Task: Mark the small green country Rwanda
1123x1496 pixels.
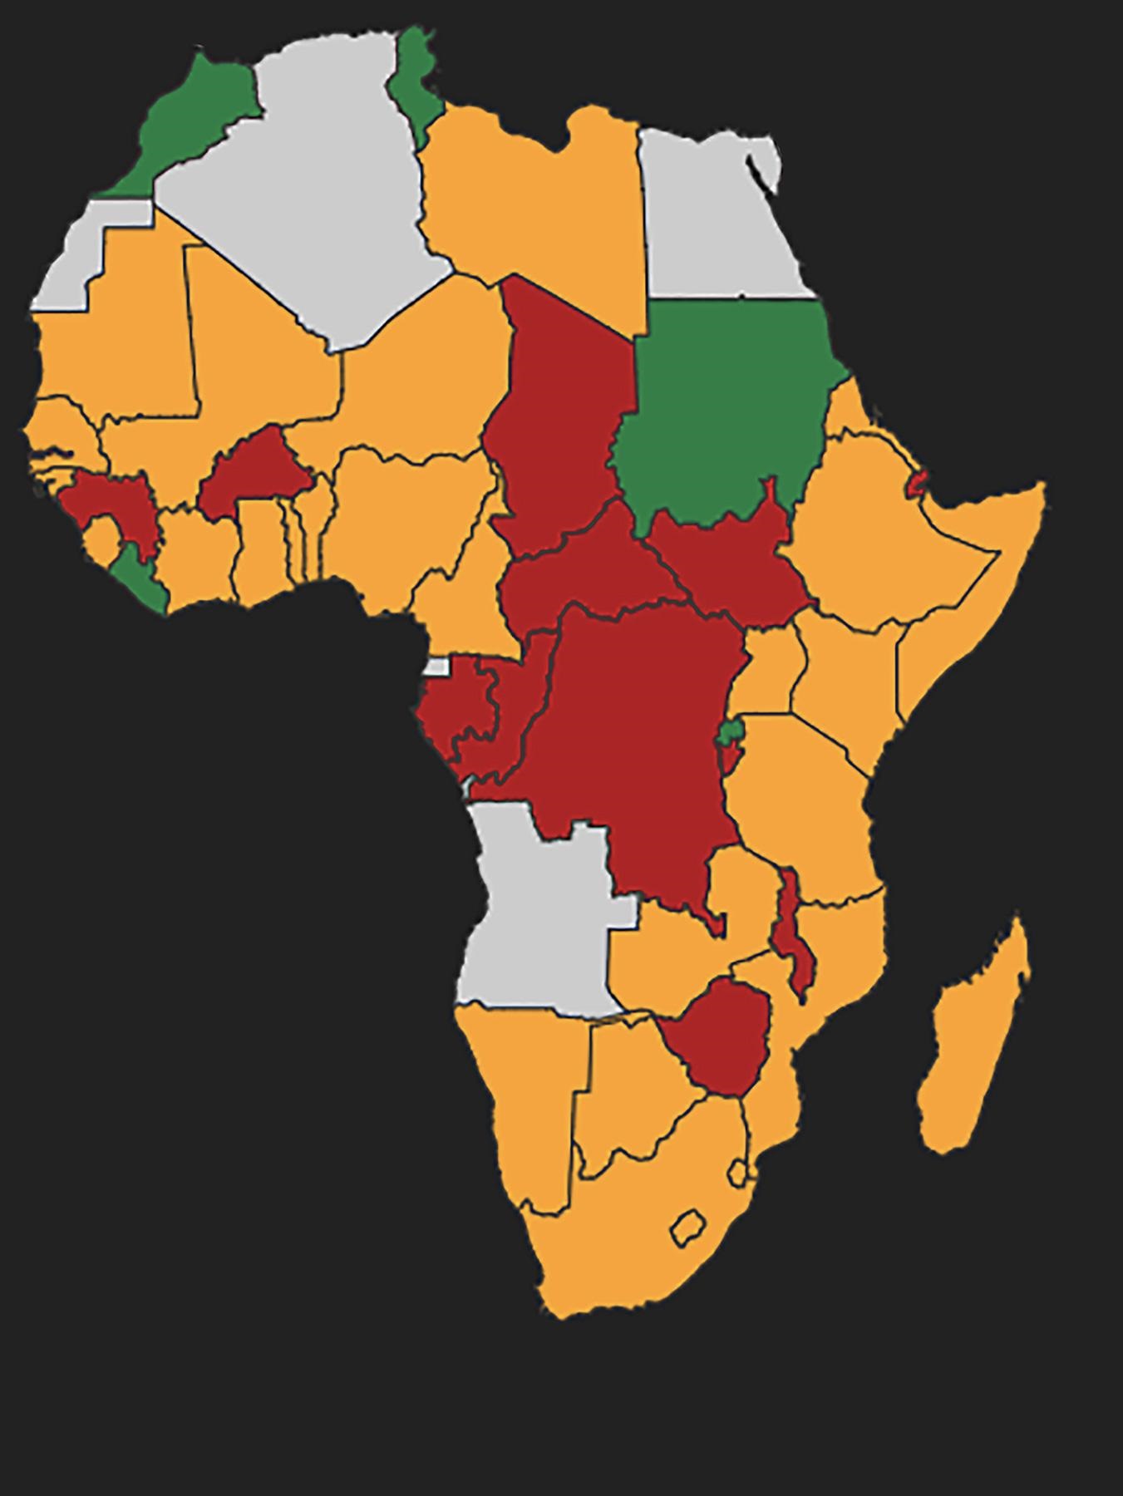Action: tap(731, 732)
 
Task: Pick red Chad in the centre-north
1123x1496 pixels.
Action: tap(565, 416)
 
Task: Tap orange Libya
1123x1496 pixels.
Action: tap(532, 208)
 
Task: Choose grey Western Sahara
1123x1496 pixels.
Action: tap(75, 258)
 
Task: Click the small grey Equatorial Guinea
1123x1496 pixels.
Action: tap(436, 666)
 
